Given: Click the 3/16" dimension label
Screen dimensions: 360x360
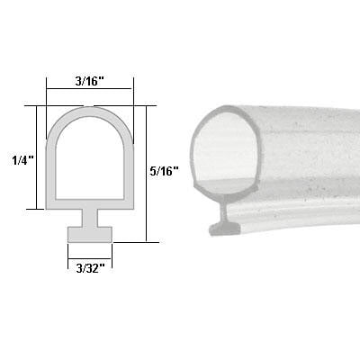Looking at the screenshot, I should (x=89, y=80).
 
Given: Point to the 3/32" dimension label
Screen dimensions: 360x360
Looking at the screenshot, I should (x=88, y=269).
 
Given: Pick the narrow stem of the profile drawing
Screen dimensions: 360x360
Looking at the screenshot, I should (x=90, y=219).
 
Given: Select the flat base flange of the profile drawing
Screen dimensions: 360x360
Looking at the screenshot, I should (x=90, y=233).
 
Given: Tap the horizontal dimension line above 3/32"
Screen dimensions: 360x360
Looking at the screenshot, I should (x=90, y=256).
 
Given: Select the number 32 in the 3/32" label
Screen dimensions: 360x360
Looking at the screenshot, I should (x=94, y=269).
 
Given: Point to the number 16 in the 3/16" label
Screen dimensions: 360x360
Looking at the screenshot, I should (x=94, y=80).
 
